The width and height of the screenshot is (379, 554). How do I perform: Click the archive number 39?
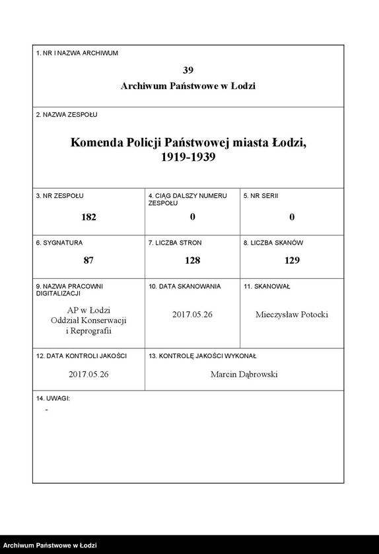pos(188,70)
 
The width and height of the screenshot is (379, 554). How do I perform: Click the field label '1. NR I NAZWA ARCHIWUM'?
pos(77,53)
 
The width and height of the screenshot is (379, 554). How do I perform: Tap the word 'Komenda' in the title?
pos(98,143)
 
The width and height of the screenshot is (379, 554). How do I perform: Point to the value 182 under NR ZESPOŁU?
pos(88,217)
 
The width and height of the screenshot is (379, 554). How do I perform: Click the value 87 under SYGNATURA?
pos(88,260)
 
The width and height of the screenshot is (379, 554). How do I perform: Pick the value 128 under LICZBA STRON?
pos(192,260)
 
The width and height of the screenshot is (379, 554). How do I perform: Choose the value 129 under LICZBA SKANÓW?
pos(292,260)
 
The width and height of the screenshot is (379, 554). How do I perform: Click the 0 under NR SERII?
pos(292,217)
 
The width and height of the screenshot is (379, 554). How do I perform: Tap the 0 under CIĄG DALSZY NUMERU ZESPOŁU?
pos(192,217)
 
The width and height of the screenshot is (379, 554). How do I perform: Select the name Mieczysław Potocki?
pos(292,315)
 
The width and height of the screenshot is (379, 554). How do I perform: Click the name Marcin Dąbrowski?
pos(244,374)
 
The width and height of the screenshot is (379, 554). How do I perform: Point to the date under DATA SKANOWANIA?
pos(192,315)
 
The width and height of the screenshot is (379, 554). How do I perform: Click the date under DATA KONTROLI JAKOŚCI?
pos(88,374)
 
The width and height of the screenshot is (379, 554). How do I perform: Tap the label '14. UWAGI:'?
pos(53,399)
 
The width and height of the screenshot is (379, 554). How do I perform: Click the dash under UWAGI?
pos(46,410)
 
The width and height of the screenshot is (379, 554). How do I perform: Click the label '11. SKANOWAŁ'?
pos(267,287)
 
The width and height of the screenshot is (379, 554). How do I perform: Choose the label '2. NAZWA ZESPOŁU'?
pos(67,115)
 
